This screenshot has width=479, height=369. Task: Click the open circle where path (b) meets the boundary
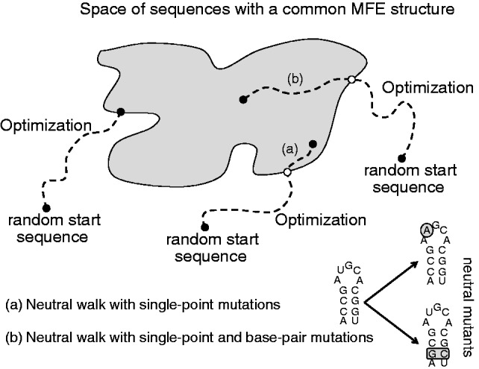[351, 80]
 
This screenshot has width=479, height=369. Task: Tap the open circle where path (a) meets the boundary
[288, 172]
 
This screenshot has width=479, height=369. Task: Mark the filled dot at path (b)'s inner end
[242, 98]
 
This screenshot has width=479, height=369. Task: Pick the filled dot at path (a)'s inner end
[313, 144]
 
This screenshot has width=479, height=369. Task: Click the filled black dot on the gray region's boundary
[121, 112]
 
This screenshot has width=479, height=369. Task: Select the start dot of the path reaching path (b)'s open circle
[403, 159]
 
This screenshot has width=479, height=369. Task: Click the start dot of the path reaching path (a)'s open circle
[204, 226]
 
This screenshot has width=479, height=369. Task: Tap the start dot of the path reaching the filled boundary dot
[46, 206]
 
